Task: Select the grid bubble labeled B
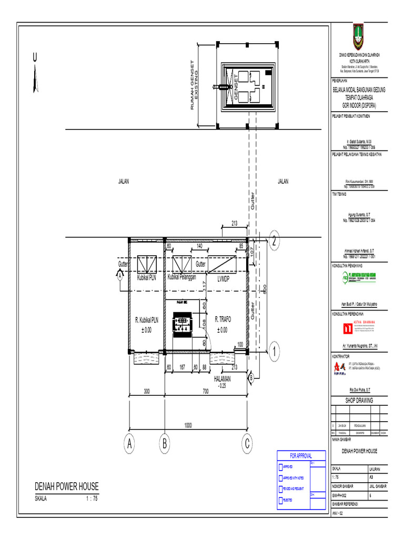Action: [165, 445]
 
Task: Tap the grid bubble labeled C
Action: [247, 445]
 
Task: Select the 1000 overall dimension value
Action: [188, 425]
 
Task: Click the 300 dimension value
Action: [147, 392]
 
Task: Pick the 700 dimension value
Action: [206, 392]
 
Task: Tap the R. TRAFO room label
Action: [223, 319]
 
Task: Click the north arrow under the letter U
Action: [36, 79]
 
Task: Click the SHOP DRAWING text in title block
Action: [358, 401]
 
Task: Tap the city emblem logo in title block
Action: [358, 36]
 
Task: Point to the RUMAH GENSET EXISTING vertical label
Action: [195, 86]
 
